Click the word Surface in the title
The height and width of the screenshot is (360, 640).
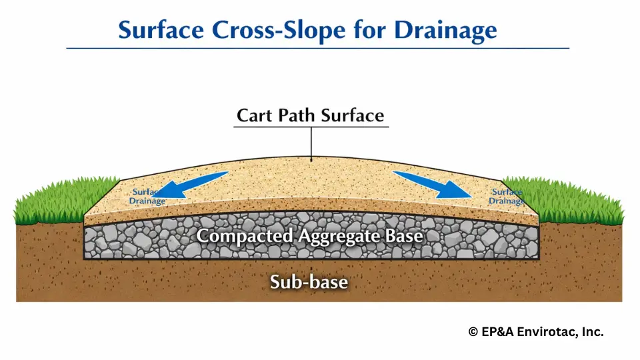165,30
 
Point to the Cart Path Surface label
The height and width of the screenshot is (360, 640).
311,115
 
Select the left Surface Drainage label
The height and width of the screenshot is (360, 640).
147,197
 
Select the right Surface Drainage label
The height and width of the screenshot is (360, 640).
506,197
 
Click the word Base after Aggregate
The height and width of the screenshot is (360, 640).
407,235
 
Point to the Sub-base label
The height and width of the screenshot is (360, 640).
309,282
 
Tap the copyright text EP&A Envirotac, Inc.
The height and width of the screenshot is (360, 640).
536,332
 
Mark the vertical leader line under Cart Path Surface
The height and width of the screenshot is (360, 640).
311,143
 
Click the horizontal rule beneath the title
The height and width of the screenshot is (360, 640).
317,49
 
